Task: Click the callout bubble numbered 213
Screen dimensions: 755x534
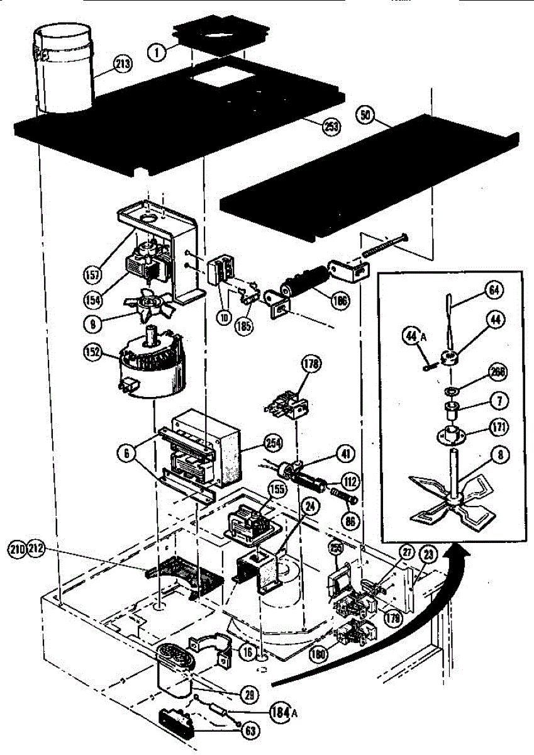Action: coord(123,63)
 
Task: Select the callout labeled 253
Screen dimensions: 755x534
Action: coord(331,126)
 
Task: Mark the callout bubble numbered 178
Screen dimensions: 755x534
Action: coord(311,363)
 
